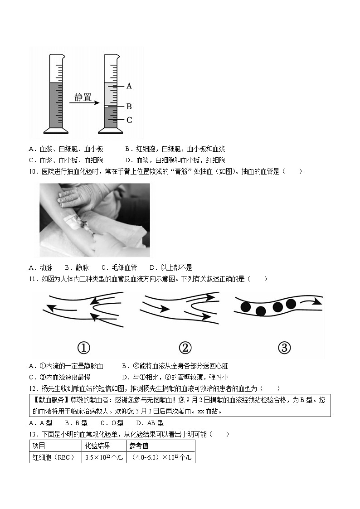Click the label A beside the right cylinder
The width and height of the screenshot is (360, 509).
coord(129,86)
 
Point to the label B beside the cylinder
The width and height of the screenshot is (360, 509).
coord(129,107)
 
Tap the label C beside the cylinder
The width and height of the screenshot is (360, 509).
coord(129,120)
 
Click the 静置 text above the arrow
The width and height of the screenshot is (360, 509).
coord(83,97)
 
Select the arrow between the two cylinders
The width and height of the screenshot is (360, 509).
coord(84,103)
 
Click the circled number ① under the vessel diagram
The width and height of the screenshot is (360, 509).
coord(84,348)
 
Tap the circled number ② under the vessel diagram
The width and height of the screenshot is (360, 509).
coord(185,348)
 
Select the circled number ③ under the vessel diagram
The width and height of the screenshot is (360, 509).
coord(283,348)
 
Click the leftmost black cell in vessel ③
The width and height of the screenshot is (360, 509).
coord(246,307)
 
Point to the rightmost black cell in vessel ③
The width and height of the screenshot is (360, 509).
coord(291,304)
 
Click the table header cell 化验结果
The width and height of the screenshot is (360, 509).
coord(98,446)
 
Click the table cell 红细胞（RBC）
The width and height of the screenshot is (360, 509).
coord(54,457)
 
